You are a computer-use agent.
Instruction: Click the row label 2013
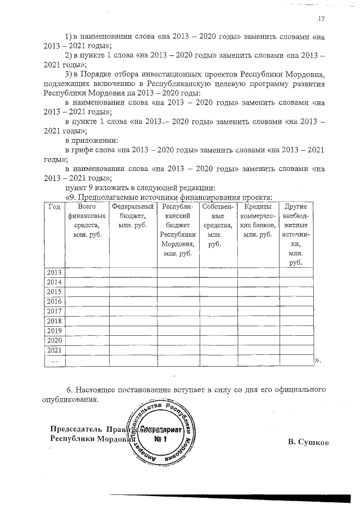pos(54,272)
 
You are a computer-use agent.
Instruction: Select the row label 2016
pos(54,301)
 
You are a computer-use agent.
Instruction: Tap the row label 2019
pos(54,331)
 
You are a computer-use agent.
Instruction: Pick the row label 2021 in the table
pos(54,350)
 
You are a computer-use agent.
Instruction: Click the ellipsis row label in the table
pos(54,360)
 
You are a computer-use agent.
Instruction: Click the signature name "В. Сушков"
pos(308,442)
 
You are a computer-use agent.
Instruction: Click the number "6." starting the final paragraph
pos(70,390)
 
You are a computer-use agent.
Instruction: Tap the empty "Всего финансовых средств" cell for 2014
pos(87,282)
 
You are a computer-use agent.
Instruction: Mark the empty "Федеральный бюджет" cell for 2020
pos(133,340)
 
